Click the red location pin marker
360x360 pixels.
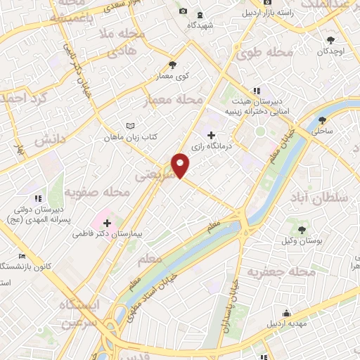(x=181, y=165)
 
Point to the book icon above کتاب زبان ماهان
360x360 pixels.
(x=129, y=126)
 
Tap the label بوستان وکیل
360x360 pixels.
(x=302, y=240)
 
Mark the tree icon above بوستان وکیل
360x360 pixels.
(x=302, y=229)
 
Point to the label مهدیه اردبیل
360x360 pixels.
(x=286, y=325)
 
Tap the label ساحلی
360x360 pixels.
(x=323, y=131)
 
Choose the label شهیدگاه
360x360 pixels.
(x=200, y=25)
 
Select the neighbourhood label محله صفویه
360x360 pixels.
(x=98, y=191)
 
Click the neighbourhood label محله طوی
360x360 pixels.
(x=263, y=52)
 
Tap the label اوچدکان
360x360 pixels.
(x=330, y=51)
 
